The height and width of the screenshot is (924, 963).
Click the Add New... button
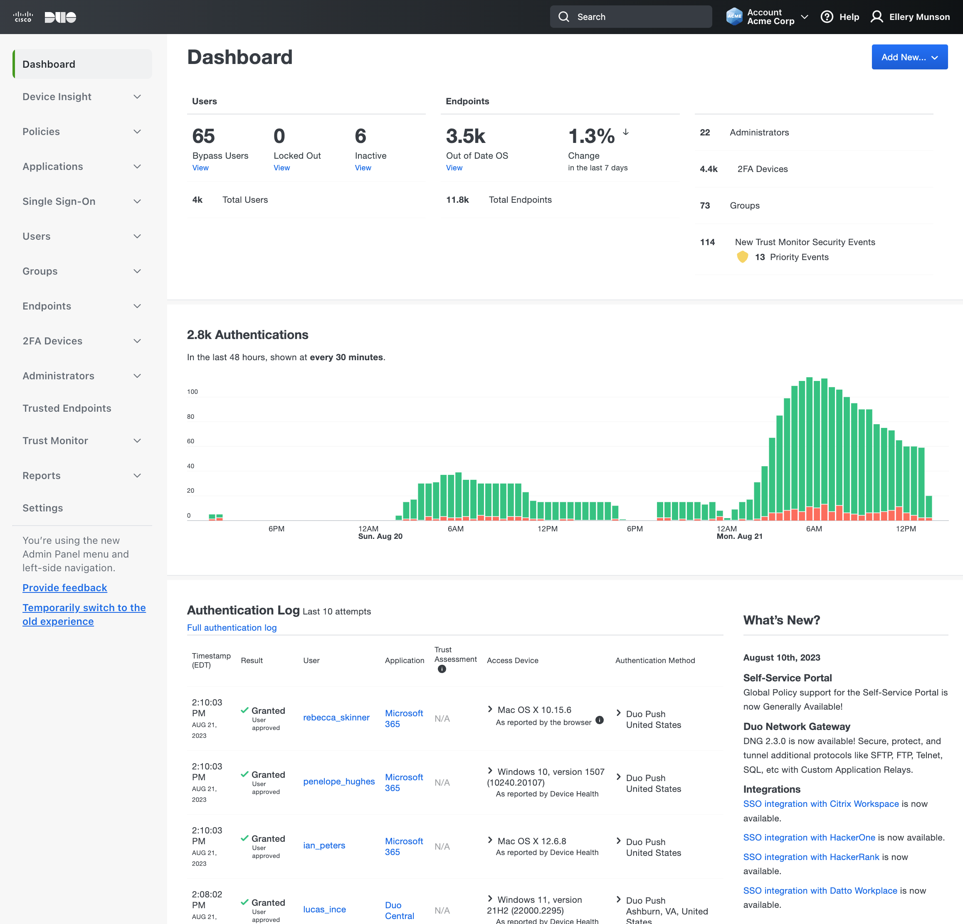coord(909,57)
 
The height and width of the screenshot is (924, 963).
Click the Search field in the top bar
coord(631,17)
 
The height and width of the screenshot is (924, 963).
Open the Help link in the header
coord(840,17)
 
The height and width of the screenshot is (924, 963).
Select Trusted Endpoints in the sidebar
coord(67,408)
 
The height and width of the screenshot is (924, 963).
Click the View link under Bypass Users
coord(200,168)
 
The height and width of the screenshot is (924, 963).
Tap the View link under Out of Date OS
coord(454,168)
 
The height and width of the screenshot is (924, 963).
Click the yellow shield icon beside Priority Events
coord(742,257)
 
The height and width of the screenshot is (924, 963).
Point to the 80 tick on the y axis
coord(190,416)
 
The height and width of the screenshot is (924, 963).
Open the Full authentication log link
coord(232,627)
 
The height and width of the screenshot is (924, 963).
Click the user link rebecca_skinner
coord(336,717)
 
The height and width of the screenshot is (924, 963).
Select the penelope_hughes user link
coord(338,781)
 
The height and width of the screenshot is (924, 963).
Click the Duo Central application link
coord(399,910)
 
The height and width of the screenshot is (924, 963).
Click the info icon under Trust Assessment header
coord(442,669)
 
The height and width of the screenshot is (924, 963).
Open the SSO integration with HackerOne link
coord(809,837)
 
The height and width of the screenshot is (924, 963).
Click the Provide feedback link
coord(65,588)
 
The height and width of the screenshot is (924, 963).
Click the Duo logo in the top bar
coord(60,17)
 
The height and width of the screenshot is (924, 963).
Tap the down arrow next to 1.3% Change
coord(625,132)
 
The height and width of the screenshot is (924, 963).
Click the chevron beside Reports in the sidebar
coord(137,475)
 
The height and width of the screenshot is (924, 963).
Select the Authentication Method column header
coord(655,660)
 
